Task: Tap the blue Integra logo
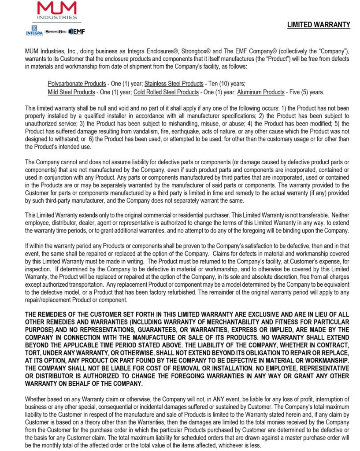[34, 31]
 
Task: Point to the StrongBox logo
[56, 32]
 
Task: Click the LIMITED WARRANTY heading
[319, 25]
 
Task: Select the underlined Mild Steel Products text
[71, 92]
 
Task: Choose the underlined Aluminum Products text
[260, 92]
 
